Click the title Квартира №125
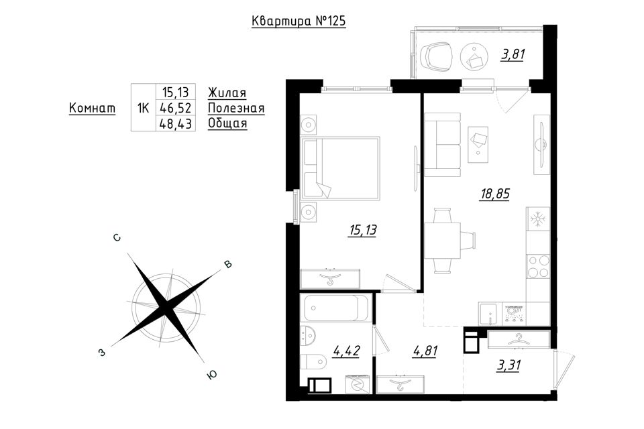tap(299, 21)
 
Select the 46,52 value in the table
tap(176, 109)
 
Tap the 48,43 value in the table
tap(176, 123)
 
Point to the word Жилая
tap(227, 93)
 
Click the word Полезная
tap(236, 109)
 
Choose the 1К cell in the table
tap(143, 109)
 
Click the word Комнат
tap(92, 109)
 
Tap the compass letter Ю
tap(212, 375)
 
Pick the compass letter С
tap(117, 238)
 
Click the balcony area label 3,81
tap(513, 54)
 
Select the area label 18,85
tap(495, 193)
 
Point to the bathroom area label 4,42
tap(347, 351)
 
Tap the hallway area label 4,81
tap(424, 351)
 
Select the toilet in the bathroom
tap(313, 362)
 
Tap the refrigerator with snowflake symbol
tap(538, 219)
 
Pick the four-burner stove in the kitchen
tap(538, 266)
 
